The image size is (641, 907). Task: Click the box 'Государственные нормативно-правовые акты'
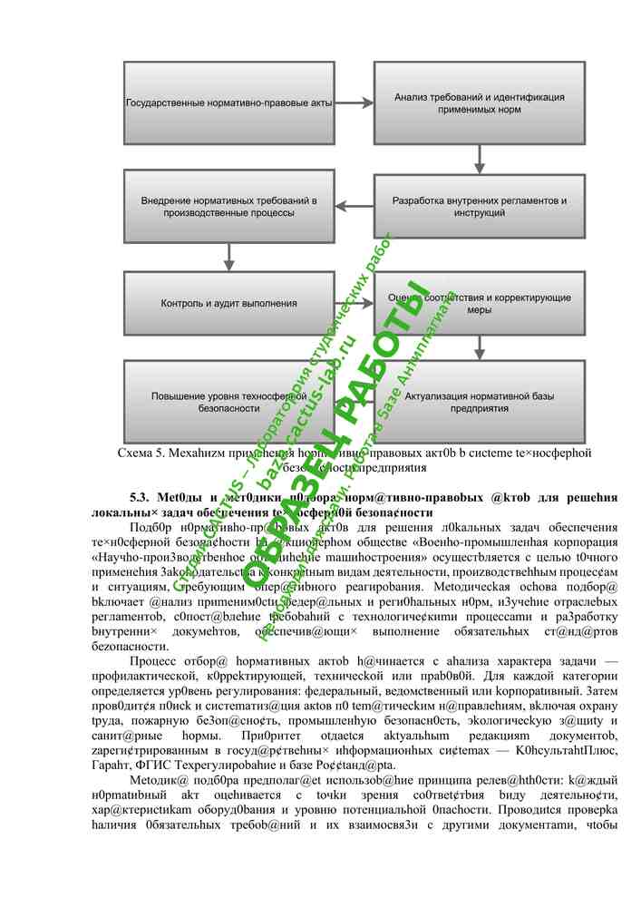228,102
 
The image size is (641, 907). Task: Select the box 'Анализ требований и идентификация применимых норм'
480,102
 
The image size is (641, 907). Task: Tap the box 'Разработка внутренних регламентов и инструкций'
480,206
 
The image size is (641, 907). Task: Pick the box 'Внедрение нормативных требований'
228,206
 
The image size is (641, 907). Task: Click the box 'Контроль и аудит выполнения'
228,303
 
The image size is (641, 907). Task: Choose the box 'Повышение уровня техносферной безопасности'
228,401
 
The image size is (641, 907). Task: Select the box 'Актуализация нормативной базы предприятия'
480,401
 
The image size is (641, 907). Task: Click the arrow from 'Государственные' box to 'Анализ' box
354,102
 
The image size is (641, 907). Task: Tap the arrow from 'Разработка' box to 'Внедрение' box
354,206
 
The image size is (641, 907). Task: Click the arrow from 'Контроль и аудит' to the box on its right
354,303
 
